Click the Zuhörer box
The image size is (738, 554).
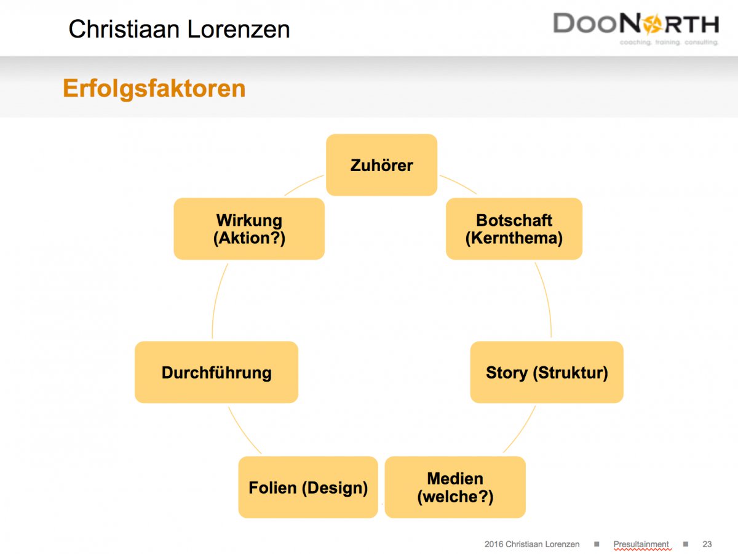382,165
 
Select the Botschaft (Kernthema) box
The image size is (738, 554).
514,229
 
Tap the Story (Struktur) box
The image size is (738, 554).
547,372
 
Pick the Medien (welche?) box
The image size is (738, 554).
455,487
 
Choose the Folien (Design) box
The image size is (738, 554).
308,487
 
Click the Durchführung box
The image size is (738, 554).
216,372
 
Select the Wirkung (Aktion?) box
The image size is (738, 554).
249,229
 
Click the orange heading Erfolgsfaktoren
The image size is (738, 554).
154,89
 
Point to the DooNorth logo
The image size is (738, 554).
636,28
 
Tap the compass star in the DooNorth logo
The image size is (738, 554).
652,24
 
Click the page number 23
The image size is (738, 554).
707,544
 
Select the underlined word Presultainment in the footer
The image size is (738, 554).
641,544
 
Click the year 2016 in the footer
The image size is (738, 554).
494,544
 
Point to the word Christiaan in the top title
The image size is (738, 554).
124,29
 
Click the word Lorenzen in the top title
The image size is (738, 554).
239,29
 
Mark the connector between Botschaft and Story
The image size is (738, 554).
547,299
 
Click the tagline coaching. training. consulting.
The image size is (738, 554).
669,42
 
